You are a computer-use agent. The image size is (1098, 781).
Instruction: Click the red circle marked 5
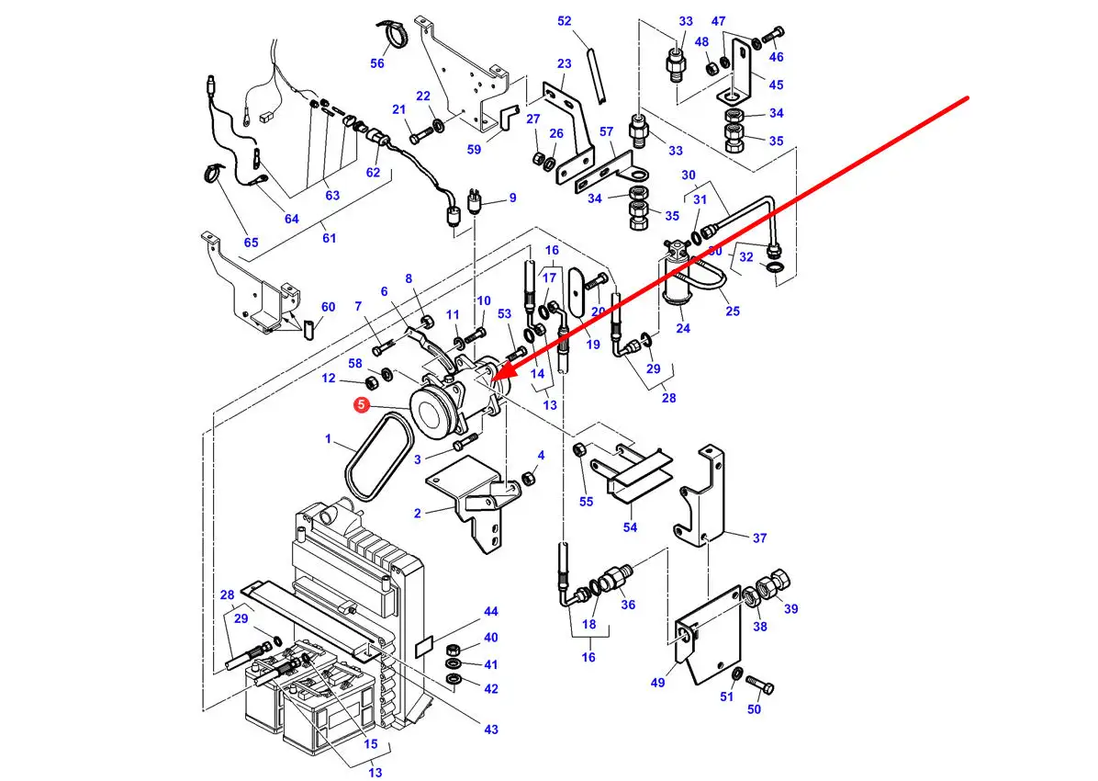[363, 403]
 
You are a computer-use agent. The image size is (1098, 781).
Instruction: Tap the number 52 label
[564, 21]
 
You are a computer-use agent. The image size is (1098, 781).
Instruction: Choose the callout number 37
[759, 538]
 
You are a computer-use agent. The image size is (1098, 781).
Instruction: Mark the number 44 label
[491, 612]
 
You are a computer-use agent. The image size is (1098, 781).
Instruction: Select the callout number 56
[377, 63]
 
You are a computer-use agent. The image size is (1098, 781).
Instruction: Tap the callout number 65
[251, 243]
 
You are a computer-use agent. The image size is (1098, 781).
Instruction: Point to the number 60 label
[328, 307]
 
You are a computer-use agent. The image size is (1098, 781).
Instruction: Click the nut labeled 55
[580, 450]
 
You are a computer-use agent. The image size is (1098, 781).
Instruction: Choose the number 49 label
[657, 682]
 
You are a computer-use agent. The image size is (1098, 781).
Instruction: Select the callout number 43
[491, 729]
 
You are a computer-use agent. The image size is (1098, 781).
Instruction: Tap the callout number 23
[564, 63]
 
